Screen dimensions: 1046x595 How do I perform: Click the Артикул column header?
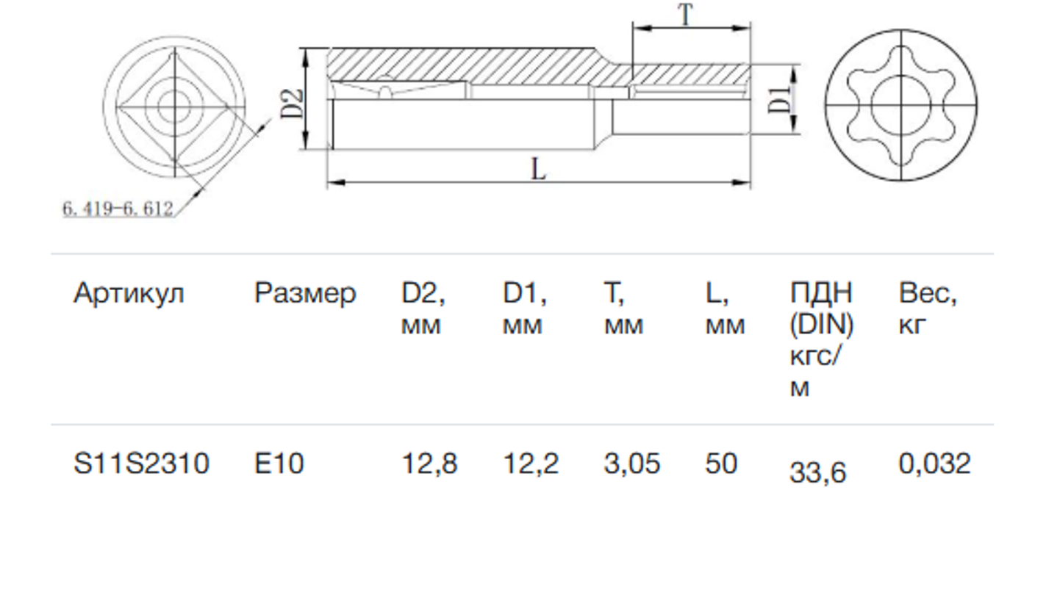pyautogui.click(x=129, y=295)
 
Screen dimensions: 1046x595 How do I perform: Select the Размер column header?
pyautogui.click(x=305, y=295)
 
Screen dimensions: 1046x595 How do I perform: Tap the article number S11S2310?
pyautogui.click(x=141, y=464)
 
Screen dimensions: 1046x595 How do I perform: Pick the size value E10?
pyautogui.click(x=279, y=464)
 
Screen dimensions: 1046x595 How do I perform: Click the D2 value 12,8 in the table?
pyautogui.click(x=429, y=464)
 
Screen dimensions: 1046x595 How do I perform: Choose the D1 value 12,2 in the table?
pyautogui.click(x=531, y=464)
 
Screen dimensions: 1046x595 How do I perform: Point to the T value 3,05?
pyautogui.click(x=632, y=464)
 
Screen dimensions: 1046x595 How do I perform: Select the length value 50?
pyautogui.click(x=721, y=464)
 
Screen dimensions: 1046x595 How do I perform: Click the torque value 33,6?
pyautogui.click(x=817, y=473)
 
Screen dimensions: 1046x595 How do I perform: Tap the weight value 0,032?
pyautogui.click(x=934, y=464)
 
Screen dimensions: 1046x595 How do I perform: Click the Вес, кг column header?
pyautogui.click(x=928, y=309)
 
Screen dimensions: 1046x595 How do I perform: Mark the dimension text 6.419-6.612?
pyautogui.click(x=118, y=208)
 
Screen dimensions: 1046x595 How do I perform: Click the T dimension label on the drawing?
pyautogui.click(x=686, y=15)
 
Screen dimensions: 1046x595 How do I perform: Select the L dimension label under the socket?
pyautogui.click(x=538, y=169)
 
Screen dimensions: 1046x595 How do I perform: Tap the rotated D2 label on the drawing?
pyautogui.click(x=292, y=104)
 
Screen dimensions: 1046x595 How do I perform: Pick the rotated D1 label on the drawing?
pyautogui.click(x=780, y=100)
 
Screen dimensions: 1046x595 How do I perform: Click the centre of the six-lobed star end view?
pyautogui.click(x=900, y=105)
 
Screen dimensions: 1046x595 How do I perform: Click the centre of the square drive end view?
pyautogui.click(x=175, y=107)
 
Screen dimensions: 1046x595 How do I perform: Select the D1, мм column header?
pyautogui.click(x=524, y=309)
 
